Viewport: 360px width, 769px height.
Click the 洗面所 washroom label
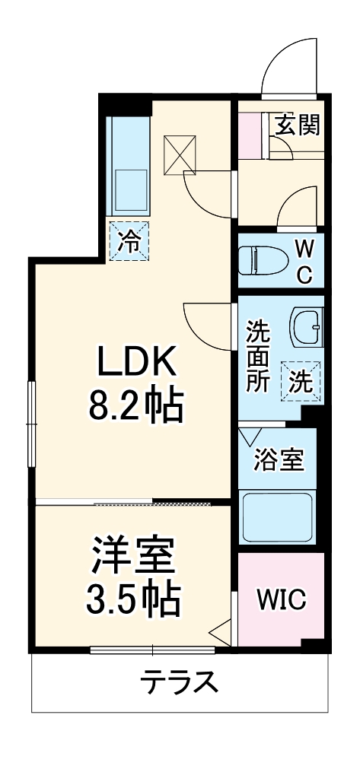point(256,357)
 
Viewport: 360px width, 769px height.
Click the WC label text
point(303,262)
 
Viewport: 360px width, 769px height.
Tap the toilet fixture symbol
point(256,262)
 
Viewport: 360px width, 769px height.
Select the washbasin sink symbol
point(307,326)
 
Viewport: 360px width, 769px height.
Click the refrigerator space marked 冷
point(129,241)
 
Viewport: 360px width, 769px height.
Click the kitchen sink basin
point(130,190)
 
